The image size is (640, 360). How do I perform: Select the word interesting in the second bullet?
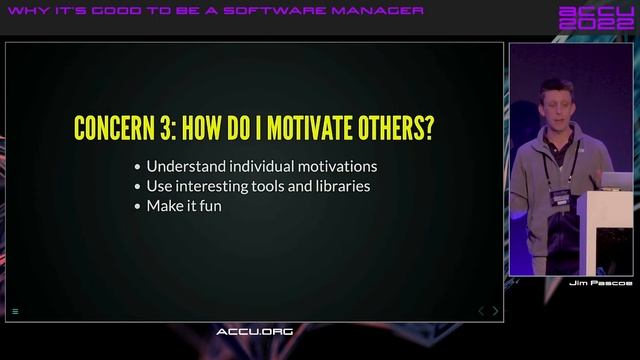coord(215,186)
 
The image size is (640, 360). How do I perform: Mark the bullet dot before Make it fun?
coord(137,206)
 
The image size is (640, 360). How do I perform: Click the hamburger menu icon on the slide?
coord(15,312)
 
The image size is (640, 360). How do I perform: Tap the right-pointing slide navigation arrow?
coord(496,311)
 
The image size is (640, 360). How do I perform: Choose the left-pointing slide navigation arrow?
coord(480,311)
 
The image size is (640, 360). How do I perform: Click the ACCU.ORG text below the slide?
coord(254,331)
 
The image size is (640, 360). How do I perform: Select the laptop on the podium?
coord(614,180)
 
